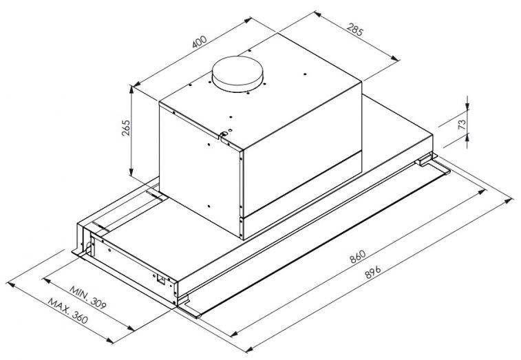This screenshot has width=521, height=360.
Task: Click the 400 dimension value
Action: [x=200, y=41]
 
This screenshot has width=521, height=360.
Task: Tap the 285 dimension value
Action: [x=355, y=29]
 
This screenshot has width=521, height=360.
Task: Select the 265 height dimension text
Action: [x=126, y=128]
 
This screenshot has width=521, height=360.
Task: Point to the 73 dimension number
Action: [x=462, y=125]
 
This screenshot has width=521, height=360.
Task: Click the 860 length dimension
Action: [x=357, y=257]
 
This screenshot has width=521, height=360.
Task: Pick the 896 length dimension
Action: [x=373, y=272]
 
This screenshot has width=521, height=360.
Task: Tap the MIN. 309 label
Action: [x=87, y=297]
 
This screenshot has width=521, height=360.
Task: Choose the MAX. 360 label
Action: [x=67, y=311]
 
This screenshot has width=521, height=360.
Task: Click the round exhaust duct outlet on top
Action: [x=237, y=74]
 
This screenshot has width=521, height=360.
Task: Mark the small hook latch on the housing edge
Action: [x=224, y=134]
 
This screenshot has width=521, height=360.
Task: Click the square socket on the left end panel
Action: [x=161, y=279]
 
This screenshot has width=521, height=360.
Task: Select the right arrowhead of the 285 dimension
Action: [x=395, y=59]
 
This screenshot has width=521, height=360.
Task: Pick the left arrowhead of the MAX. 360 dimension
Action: [x=10, y=284]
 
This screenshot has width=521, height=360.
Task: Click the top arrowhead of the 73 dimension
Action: [x=467, y=106]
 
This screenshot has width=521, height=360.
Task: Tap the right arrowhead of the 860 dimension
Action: [x=482, y=193]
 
